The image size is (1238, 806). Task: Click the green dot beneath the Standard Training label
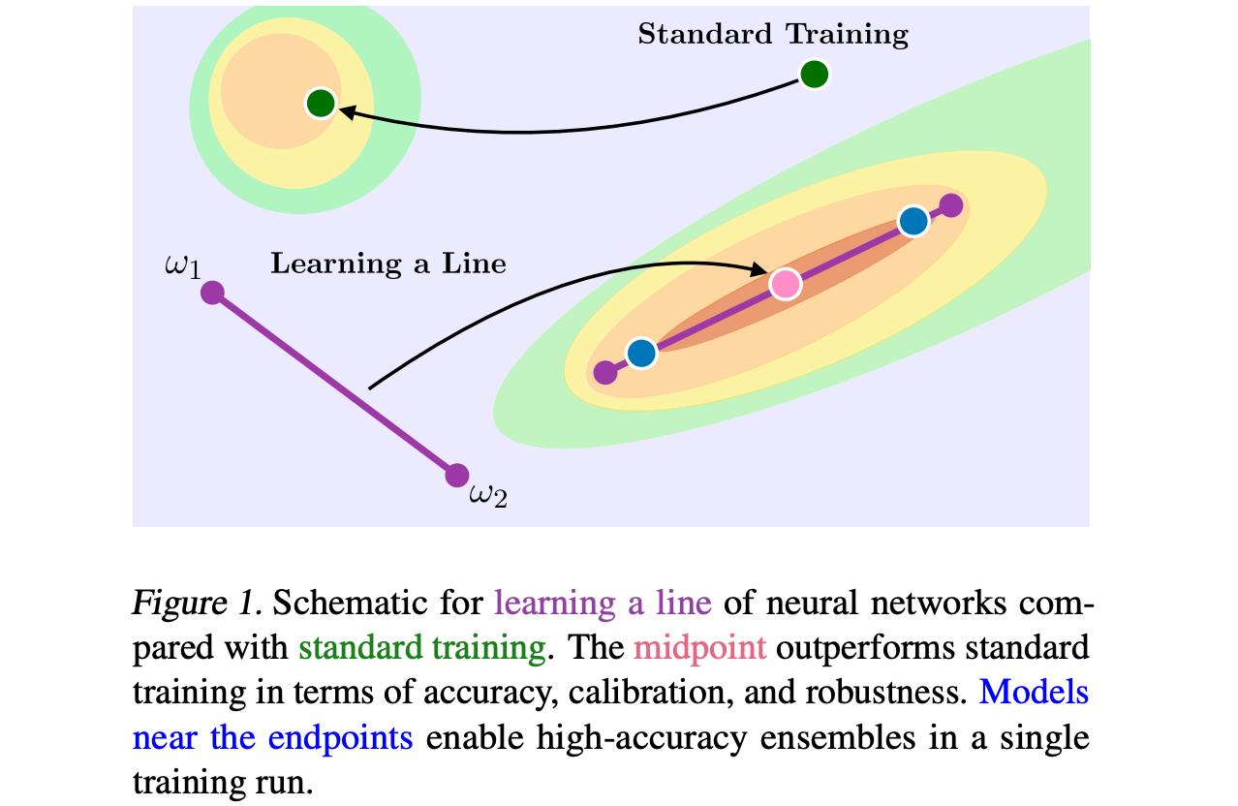[815, 74]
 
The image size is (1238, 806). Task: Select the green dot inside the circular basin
[320, 103]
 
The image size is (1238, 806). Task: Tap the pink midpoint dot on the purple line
[786, 284]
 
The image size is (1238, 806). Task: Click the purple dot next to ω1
[212, 292]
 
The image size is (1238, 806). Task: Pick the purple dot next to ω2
[456, 476]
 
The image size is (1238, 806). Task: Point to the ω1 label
[183, 266]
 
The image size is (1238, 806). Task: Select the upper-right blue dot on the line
[913, 222]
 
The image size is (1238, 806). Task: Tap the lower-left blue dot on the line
[640, 354]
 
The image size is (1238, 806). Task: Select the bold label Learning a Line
[388, 263]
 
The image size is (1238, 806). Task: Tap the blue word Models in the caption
[1034, 692]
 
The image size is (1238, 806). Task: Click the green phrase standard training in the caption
[421, 647]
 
